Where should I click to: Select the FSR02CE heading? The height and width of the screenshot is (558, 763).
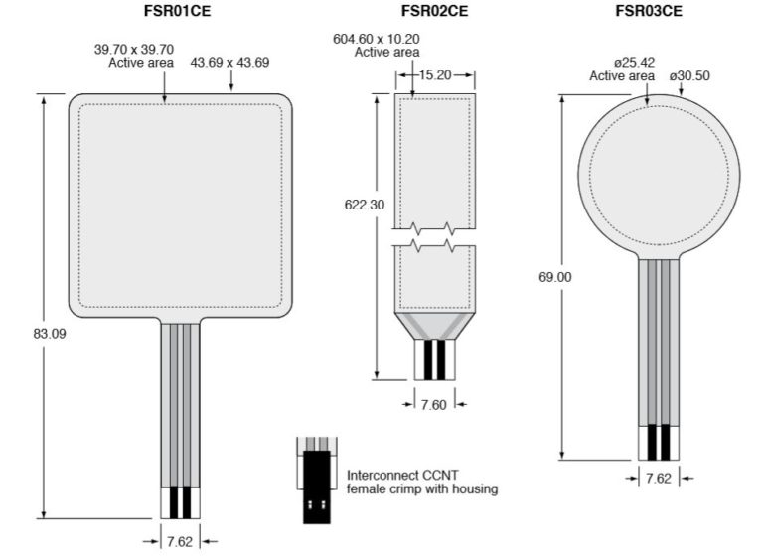pos(435,12)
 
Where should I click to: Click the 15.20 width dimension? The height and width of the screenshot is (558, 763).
pos(435,73)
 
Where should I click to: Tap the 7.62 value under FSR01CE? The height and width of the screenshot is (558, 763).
pos(180,541)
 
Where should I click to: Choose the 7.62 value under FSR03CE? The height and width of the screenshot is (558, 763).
pos(658,478)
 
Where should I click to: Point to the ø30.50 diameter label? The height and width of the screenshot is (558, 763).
pos(690,76)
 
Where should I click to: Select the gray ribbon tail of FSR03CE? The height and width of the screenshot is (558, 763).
pos(658,338)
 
